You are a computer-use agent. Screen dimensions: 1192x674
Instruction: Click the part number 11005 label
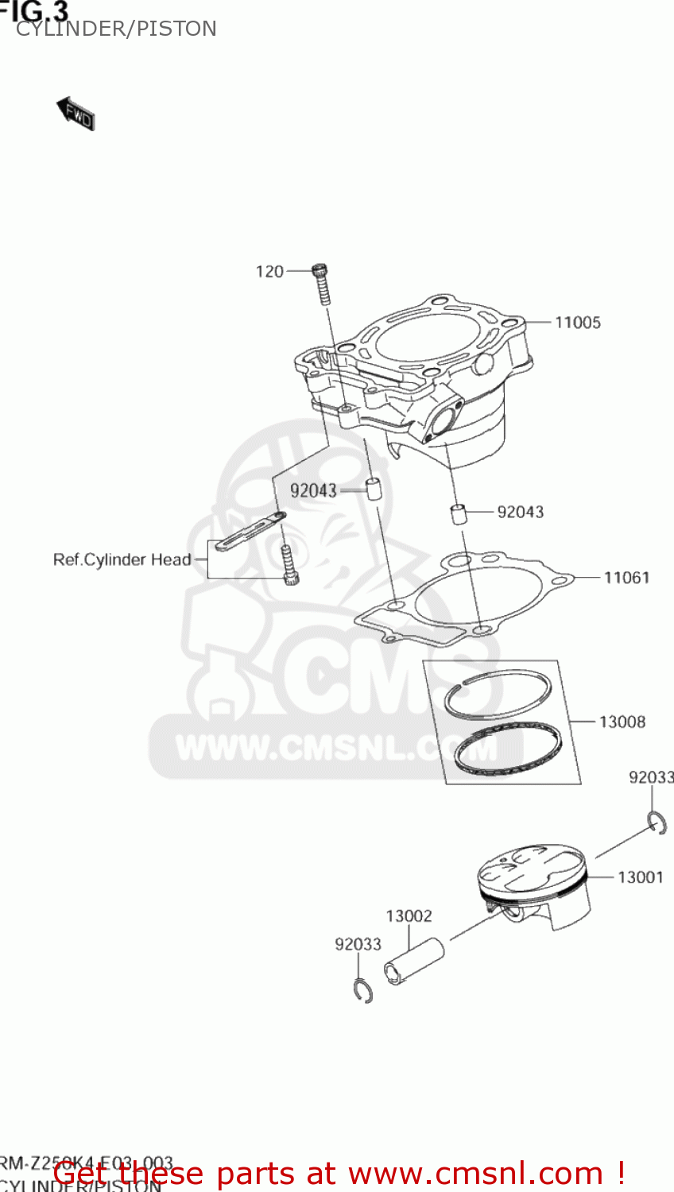(577, 323)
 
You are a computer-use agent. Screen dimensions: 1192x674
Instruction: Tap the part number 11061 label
(626, 578)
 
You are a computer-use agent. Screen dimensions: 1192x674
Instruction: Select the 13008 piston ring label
(622, 722)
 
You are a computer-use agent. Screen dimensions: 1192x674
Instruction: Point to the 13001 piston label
(640, 877)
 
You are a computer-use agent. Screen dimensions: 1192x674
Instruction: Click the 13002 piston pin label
(409, 916)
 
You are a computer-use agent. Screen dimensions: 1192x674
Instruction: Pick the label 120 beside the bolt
(269, 272)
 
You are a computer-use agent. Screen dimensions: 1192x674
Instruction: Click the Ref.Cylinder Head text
(122, 559)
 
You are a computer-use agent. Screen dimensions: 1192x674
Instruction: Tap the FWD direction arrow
(76, 114)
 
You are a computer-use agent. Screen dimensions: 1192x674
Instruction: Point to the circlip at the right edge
(657, 823)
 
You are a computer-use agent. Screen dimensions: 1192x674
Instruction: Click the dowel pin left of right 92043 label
(459, 513)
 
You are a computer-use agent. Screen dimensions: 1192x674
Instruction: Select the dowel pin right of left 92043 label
(373, 488)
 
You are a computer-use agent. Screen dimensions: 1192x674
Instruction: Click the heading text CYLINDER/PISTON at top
(116, 29)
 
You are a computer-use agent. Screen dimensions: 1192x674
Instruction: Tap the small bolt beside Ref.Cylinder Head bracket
(289, 565)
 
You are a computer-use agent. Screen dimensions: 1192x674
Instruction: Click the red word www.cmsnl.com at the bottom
(475, 1173)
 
